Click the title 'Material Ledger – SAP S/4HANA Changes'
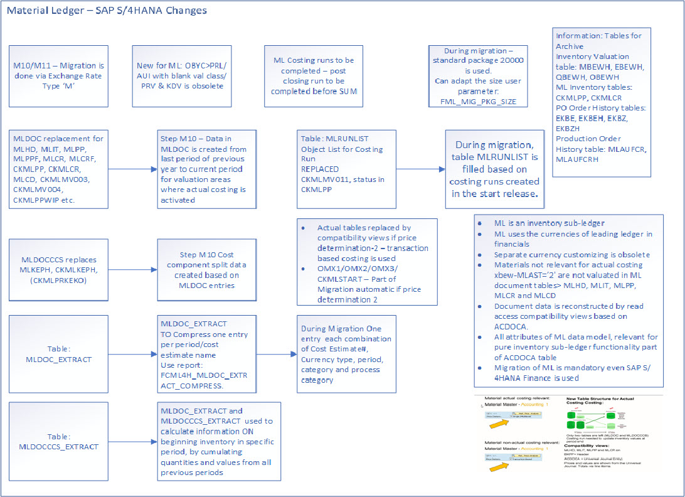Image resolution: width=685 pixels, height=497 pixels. (107, 11)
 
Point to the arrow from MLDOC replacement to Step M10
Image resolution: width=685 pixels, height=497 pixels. (133, 169)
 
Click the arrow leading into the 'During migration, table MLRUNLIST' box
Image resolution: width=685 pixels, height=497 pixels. (421, 169)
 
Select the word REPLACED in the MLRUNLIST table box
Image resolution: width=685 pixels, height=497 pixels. (320, 169)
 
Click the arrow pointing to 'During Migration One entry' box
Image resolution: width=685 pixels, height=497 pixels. (277, 355)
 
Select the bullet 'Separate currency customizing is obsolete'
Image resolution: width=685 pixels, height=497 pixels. (571, 255)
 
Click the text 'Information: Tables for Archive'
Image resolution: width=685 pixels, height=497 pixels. (598, 41)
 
